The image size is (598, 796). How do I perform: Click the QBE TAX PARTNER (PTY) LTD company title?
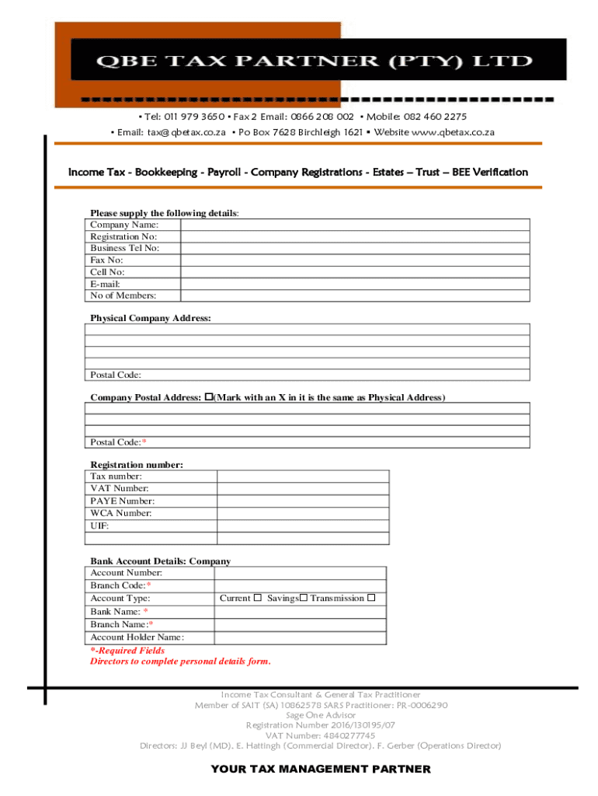303,61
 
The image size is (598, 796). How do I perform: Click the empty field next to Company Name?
355,225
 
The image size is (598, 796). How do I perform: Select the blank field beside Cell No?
355,272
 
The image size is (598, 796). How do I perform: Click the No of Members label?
123,295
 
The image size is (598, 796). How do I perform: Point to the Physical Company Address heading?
150,319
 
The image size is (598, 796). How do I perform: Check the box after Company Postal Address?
208,397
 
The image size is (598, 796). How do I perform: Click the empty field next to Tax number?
303,476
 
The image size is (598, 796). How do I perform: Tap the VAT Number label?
120,488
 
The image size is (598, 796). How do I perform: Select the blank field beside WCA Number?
303,513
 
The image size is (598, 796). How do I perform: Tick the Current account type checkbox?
257,599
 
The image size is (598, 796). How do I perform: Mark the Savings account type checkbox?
304,599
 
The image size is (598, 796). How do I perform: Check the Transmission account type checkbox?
371,599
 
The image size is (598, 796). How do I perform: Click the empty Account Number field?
300,573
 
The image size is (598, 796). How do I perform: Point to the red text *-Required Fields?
127,651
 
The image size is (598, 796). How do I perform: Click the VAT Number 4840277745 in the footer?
320,735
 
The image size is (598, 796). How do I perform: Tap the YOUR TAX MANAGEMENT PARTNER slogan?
320,769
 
